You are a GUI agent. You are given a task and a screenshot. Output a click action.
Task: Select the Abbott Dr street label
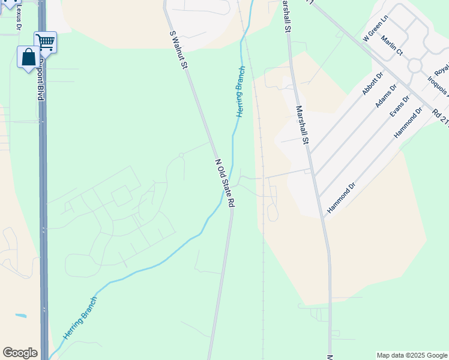[372, 84]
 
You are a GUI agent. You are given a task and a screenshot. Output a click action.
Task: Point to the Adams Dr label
[386, 96]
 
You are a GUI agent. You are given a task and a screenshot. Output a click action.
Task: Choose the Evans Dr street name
[399, 107]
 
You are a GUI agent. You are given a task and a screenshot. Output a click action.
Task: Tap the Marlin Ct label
[391, 46]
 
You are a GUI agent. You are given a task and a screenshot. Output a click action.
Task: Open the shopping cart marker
[45, 41]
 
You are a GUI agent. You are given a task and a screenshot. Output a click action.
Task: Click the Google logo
[20, 353]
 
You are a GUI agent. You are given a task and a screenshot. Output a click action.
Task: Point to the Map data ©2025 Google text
[412, 355]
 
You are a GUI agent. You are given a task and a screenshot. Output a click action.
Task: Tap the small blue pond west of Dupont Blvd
[21, 316]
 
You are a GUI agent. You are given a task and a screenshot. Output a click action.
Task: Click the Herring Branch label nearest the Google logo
[80, 319]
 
